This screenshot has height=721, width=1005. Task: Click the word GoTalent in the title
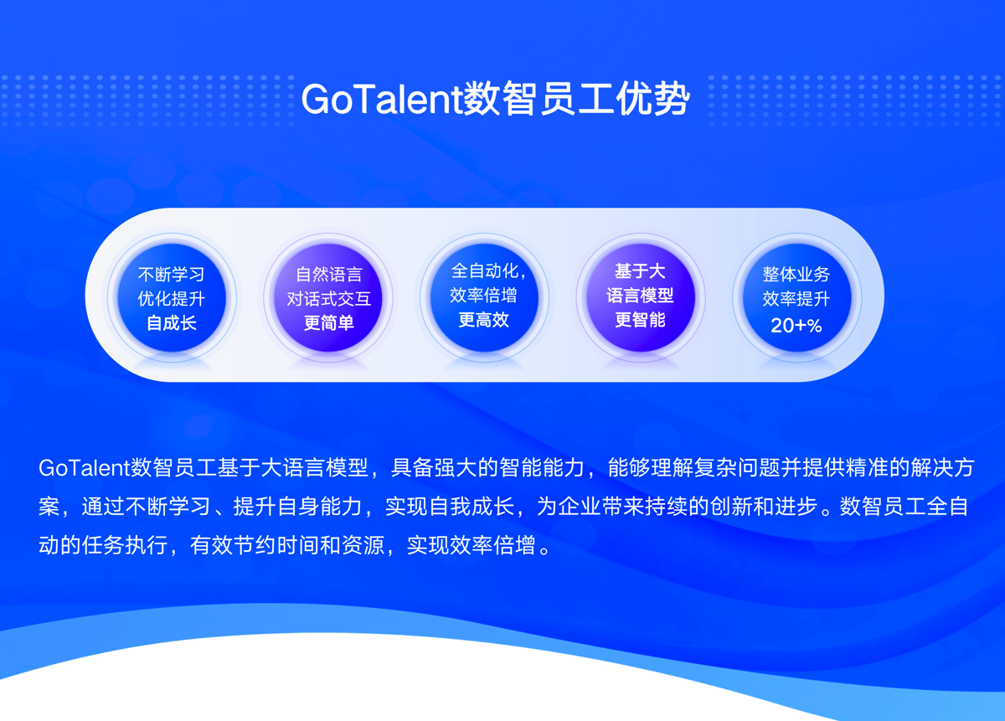382,99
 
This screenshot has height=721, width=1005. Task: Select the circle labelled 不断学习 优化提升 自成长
172,297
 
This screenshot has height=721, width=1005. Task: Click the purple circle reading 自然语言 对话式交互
328,297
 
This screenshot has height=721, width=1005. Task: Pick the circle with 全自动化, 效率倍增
484,297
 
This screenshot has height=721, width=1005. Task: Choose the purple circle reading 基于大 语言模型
641,297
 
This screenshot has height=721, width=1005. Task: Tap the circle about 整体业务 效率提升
796,297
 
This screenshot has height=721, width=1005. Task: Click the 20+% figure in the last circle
796,325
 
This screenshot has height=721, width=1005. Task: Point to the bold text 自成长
172,322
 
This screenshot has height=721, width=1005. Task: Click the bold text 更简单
329,322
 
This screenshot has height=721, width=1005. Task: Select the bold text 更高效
484,320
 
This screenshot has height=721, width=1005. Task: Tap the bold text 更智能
640,320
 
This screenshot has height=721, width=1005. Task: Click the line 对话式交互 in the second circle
329,299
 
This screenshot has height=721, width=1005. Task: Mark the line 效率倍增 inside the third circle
483,296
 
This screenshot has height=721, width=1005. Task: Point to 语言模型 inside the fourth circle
640,296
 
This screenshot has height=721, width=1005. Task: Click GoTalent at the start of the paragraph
84,467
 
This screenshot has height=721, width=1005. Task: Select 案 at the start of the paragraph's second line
49,507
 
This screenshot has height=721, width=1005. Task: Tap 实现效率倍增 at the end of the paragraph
471,545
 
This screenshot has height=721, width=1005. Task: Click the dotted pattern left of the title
147,100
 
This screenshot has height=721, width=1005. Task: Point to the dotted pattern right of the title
856,100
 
